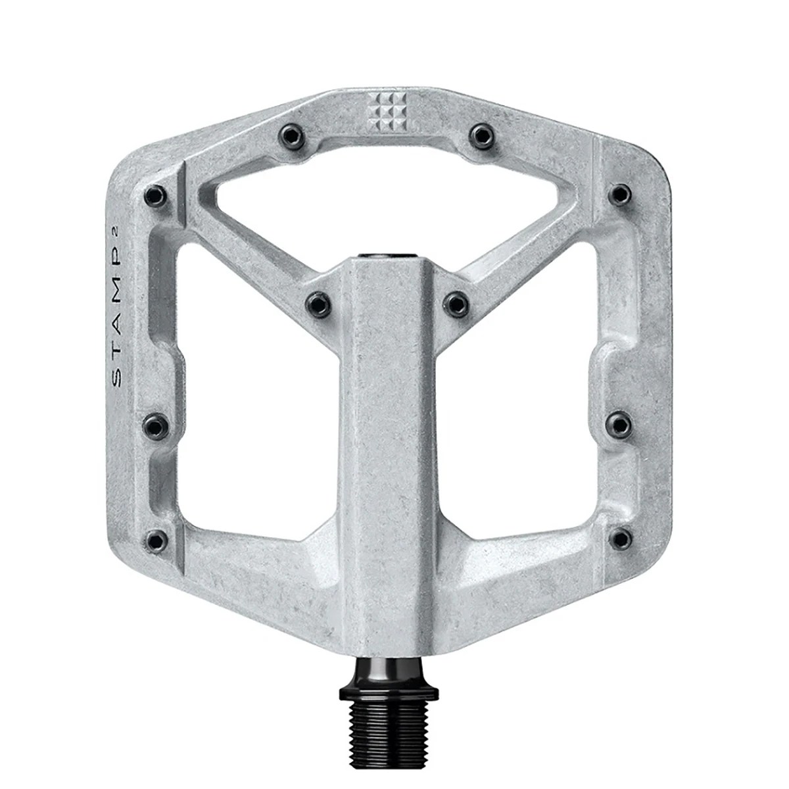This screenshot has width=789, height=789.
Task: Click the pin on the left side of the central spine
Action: click(317, 302)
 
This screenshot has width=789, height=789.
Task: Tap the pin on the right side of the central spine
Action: click(456, 302)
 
